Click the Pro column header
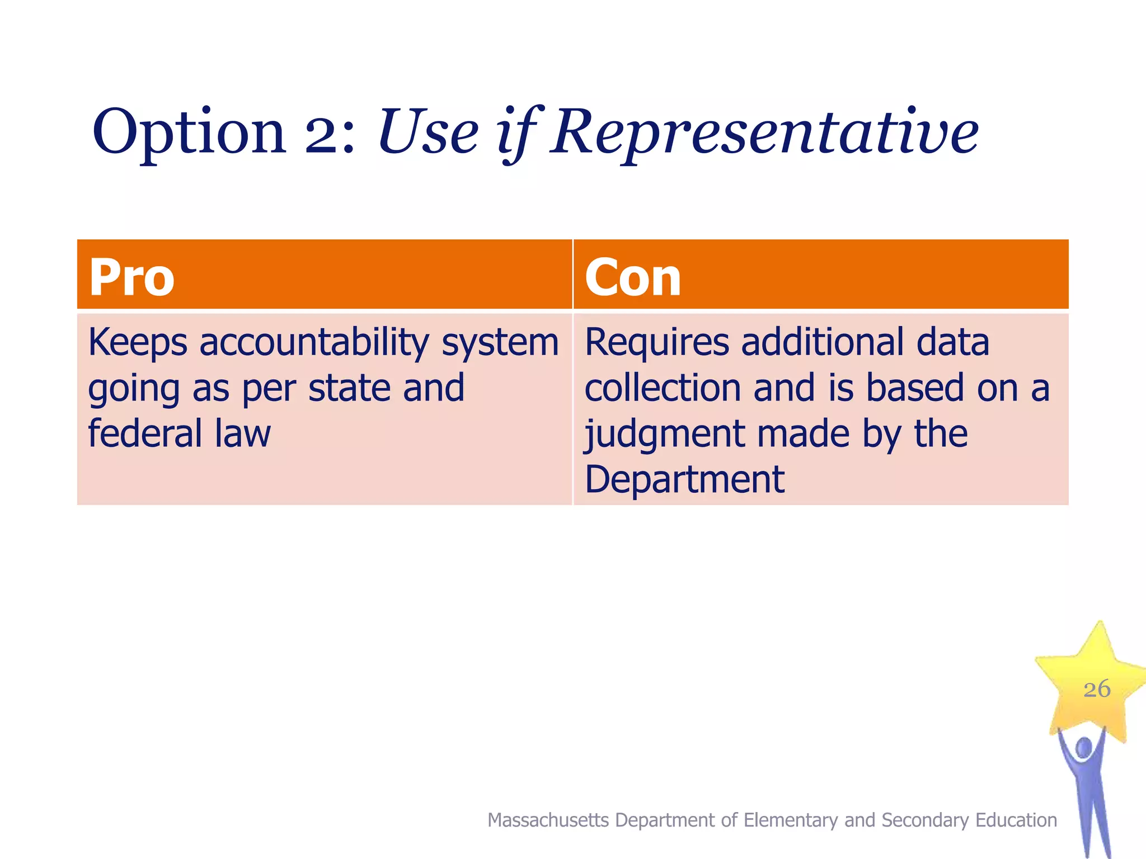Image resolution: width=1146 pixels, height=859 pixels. [132, 277]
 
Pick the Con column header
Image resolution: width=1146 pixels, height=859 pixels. [633, 277]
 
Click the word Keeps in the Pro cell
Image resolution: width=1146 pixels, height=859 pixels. [138, 342]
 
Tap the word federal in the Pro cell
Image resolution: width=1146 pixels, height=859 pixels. [145, 433]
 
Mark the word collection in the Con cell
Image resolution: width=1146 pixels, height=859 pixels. [662, 388]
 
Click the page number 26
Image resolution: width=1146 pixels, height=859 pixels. [1097, 689]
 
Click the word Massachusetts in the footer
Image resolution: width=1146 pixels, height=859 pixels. [548, 820]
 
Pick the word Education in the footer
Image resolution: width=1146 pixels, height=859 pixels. [1016, 820]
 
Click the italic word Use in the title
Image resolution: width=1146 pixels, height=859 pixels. [428, 133]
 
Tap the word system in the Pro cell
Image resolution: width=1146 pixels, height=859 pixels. [500, 342]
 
